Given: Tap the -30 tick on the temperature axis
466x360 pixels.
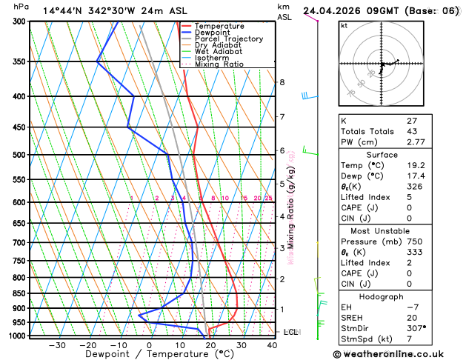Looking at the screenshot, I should tap(57, 345).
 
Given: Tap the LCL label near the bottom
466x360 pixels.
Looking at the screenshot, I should tap(290, 332).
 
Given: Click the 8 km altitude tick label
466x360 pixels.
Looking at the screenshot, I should tap(282, 82).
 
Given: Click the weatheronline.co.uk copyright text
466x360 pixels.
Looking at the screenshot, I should tap(400, 353).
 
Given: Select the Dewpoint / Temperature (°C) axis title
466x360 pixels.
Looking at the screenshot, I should tap(148, 355).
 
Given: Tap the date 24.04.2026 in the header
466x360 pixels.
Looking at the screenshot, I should tap(333, 11).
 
